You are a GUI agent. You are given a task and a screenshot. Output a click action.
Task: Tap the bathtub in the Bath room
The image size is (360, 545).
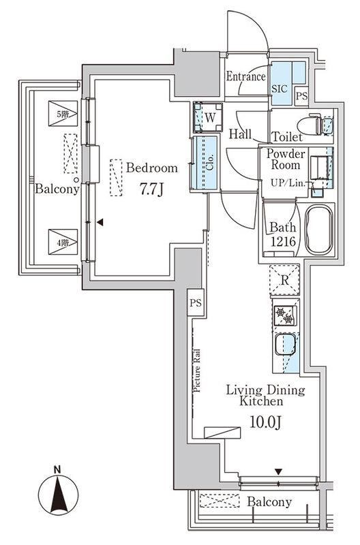point(318,230)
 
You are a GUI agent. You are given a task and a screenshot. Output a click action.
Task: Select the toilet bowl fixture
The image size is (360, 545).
point(310,125)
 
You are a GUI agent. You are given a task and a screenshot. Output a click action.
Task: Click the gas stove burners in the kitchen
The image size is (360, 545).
point(285,315)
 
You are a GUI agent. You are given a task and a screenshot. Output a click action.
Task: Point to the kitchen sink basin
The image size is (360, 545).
point(285,344)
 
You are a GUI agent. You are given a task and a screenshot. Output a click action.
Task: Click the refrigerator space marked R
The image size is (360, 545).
point(284,280)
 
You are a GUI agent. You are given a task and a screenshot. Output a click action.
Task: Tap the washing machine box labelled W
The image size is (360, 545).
point(209,117)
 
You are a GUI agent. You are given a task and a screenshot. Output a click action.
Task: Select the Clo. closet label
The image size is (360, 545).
point(210,162)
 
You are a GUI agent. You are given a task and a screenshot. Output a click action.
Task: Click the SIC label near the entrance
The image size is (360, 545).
point(280,89)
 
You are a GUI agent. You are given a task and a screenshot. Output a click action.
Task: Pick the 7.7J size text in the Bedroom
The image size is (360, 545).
point(151,189)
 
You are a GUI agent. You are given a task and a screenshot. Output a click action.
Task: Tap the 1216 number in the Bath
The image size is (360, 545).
point(283,241)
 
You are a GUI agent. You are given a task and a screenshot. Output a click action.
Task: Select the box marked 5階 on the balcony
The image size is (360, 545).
point(63,114)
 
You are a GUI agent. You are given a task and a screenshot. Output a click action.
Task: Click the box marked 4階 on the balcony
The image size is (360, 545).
point(63,242)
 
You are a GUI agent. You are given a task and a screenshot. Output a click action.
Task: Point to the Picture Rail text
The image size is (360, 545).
point(197,371)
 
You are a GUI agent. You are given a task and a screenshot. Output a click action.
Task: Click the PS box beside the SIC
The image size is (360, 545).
point(301,95)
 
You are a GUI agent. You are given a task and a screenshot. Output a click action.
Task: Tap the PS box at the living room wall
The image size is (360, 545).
point(196,302)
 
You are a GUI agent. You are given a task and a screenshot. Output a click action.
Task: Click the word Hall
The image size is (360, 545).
point(241,134)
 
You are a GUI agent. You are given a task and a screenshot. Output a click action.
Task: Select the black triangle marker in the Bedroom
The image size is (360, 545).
point(100,222)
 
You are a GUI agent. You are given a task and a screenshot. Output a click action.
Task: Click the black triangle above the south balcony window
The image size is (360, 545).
point(278,471)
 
